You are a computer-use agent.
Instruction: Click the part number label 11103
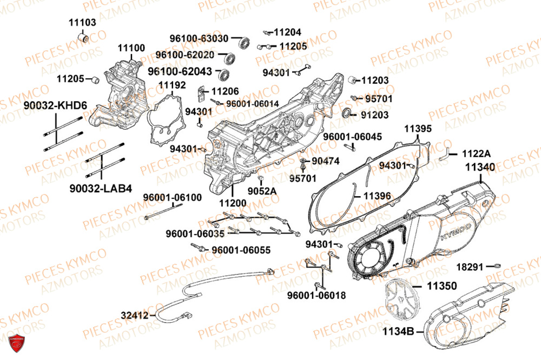82,22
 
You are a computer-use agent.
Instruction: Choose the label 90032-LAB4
101,188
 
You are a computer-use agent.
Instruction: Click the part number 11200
233,203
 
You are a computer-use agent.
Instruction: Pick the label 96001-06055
240,250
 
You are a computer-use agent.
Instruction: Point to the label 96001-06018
316,296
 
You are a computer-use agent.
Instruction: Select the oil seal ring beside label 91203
347,114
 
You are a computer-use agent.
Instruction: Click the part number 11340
479,168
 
